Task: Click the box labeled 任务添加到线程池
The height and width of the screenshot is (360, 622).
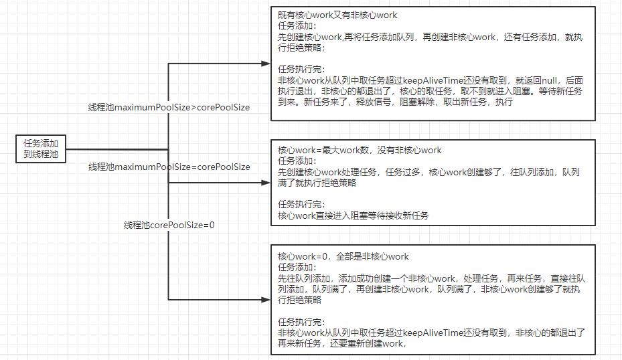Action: [42, 149]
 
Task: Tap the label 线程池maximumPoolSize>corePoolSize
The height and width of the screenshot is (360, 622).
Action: [169, 107]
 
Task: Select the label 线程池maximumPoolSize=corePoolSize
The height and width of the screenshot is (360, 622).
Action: [169, 167]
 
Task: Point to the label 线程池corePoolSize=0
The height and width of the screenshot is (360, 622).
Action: [169, 225]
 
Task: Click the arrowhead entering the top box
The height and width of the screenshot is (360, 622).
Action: [266, 64]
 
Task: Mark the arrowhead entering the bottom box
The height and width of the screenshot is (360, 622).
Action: [266, 299]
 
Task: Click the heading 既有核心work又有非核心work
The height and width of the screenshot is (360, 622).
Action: [337, 15]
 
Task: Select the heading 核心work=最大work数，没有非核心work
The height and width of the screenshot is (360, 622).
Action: [360, 151]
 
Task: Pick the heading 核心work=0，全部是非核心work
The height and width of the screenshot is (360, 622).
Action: [343, 256]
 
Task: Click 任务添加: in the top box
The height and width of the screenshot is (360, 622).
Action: [295, 26]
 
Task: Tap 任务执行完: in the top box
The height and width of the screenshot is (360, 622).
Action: [301, 69]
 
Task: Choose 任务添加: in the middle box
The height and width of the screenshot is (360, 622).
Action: [295, 161]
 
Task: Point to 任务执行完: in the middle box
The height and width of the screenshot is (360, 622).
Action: [301, 204]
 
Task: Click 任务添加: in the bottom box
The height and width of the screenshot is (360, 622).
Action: [295, 267]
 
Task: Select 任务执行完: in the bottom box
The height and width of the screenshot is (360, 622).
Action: [301, 321]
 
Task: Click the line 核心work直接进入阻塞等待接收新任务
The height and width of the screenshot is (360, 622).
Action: [354, 215]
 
